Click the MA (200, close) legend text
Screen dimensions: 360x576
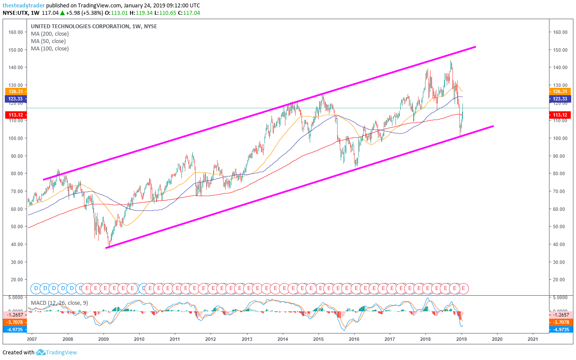50,33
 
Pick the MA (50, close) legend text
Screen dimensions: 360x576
48,41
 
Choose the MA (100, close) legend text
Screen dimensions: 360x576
50,48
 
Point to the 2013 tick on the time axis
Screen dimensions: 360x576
247,339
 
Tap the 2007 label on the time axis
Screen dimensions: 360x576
31,339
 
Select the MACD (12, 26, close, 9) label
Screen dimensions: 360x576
59,302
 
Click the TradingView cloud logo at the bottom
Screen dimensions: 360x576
40,352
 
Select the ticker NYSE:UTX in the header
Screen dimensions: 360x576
16,13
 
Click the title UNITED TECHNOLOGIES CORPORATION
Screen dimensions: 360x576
80,26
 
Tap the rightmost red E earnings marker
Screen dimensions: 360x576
464,288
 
